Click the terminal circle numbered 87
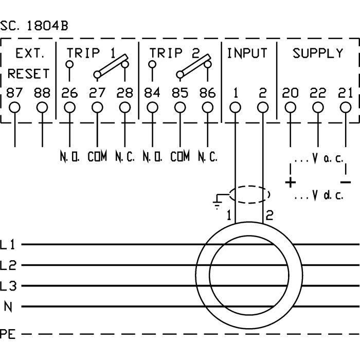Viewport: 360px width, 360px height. (15, 107)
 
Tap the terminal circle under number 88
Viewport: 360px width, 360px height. (42, 107)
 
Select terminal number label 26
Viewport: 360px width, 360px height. (69, 93)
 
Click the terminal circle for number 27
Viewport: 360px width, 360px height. (97, 107)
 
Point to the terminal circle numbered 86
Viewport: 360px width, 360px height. (207, 107)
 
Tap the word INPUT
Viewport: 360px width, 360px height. (247, 52)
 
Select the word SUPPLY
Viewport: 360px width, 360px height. (318, 52)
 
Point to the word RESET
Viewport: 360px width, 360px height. (29, 74)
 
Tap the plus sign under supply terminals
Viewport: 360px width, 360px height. (291, 182)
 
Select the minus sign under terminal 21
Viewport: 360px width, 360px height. (346, 182)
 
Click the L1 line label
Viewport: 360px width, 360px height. (9, 245)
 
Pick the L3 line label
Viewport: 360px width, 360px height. (9, 286)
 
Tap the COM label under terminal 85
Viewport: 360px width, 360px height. (180, 156)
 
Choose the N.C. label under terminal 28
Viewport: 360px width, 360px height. (124, 156)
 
